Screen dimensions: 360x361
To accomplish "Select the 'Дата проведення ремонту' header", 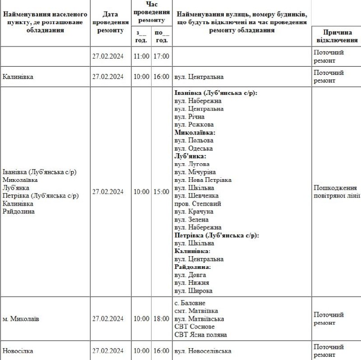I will (110, 22).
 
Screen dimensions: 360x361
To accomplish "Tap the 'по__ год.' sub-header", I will (162, 36).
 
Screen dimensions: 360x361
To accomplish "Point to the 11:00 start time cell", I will (141, 56).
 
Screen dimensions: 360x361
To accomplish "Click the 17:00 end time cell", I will (161, 56).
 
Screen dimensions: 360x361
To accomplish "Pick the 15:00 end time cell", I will (161, 192).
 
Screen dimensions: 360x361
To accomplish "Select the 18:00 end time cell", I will (161, 318).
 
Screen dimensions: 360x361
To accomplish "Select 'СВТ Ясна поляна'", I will (200, 334).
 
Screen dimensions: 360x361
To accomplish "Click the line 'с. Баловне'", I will (190, 303).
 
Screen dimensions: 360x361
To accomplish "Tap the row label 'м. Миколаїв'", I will (21, 318).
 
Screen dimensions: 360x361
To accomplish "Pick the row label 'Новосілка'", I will (18, 351).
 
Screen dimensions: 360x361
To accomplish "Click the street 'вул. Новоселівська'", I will (203, 351).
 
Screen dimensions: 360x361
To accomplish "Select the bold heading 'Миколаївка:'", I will (194, 133).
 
